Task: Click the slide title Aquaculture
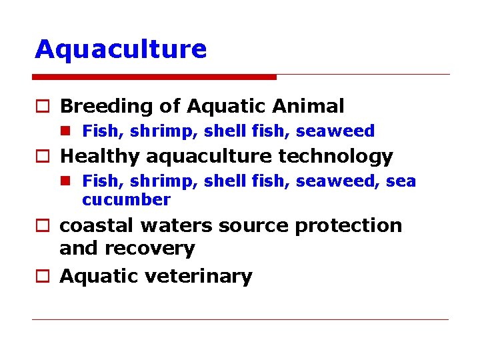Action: [x=121, y=49]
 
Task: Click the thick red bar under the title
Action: [x=155, y=77]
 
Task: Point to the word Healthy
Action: [x=100, y=157]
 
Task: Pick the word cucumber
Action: [x=126, y=199]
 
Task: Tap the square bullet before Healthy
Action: [x=41, y=157]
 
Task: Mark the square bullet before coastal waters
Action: [x=41, y=226]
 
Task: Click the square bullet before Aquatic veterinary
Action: [x=41, y=277]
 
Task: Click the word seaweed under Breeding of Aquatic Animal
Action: [x=335, y=131]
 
